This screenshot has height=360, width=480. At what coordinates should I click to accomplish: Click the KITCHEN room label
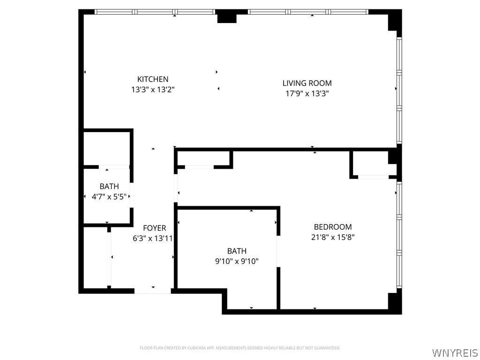tap(153, 79)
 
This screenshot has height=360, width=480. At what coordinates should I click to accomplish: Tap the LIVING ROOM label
tap(307, 83)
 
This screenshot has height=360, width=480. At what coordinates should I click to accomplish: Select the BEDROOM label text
tap(333, 227)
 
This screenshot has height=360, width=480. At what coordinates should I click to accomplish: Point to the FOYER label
tap(155, 228)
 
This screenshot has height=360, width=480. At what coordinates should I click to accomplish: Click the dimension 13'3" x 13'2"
tap(153, 90)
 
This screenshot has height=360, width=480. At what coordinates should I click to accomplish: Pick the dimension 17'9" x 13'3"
tap(307, 93)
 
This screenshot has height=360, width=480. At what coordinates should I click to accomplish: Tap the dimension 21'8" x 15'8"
tap(333, 237)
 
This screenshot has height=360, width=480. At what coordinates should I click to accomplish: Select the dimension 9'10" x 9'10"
tap(237, 261)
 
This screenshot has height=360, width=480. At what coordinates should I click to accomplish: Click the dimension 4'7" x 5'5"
tap(109, 196)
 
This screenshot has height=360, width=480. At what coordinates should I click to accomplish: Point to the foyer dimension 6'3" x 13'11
tap(153, 238)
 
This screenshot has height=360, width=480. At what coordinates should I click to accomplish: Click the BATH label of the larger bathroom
tap(237, 251)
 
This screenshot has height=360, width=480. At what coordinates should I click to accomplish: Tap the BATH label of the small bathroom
tap(109, 186)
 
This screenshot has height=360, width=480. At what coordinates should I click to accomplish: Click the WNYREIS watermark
tap(455, 352)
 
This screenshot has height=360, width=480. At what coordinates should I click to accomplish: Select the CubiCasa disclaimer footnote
tap(240, 348)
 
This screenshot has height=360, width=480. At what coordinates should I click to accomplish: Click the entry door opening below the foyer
tap(152, 291)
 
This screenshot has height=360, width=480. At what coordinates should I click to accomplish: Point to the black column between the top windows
tap(227, 16)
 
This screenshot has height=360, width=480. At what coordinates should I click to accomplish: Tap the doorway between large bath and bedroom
tap(278, 251)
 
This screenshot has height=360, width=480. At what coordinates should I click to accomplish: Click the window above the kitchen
tap(155, 12)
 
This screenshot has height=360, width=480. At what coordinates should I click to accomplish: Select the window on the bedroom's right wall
tap(399, 235)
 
